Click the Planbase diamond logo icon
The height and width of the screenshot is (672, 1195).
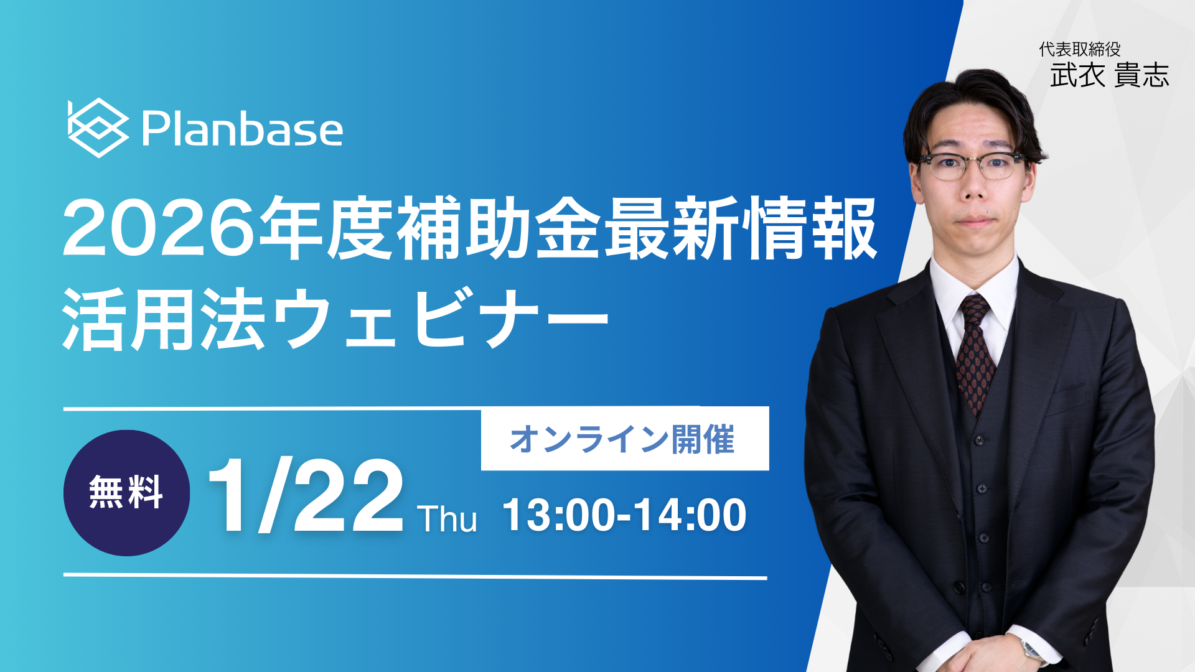[98, 128]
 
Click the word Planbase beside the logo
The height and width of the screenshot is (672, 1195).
[242, 129]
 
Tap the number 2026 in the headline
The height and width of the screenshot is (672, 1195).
[159, 228]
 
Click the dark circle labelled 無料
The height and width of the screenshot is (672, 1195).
[126, 493]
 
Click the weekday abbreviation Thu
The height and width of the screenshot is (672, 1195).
[447, 518]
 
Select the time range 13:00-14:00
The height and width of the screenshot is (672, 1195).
[624, 515]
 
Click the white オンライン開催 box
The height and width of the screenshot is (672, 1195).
[625, 439]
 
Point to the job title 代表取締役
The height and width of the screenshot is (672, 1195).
[1080, 49]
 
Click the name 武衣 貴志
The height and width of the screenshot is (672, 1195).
[1110, 75]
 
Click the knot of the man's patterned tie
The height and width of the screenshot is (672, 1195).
[974, 310]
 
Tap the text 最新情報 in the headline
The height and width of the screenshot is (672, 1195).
[741, 228]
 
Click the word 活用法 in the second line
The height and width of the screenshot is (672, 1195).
[164, 319]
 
